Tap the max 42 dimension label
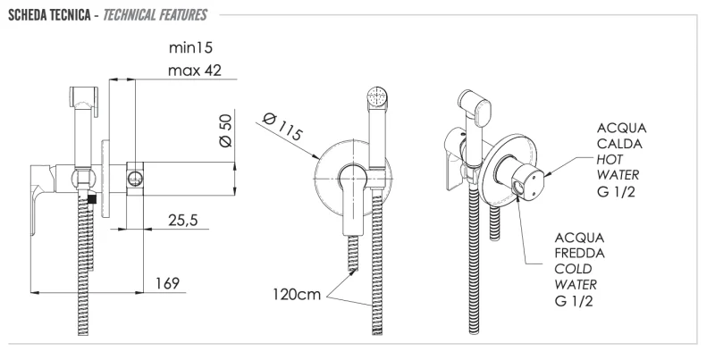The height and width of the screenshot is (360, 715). pos(194,70)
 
